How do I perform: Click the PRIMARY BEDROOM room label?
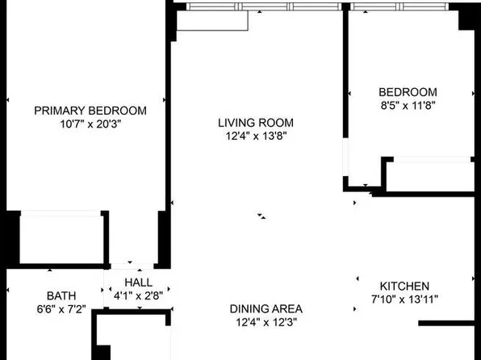[x=90, y=111]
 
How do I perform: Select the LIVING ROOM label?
[x=255, y=123]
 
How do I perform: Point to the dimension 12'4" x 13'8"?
[x=255, y=136]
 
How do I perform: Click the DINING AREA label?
[x=266, y=309]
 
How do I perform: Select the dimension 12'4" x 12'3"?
[x=266, y=322]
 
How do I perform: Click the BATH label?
[x=61, y=295]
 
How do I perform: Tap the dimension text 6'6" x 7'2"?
[x=61, y=308]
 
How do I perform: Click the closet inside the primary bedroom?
[x=62, y=238]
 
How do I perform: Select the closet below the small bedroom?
[x=428, y=176]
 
